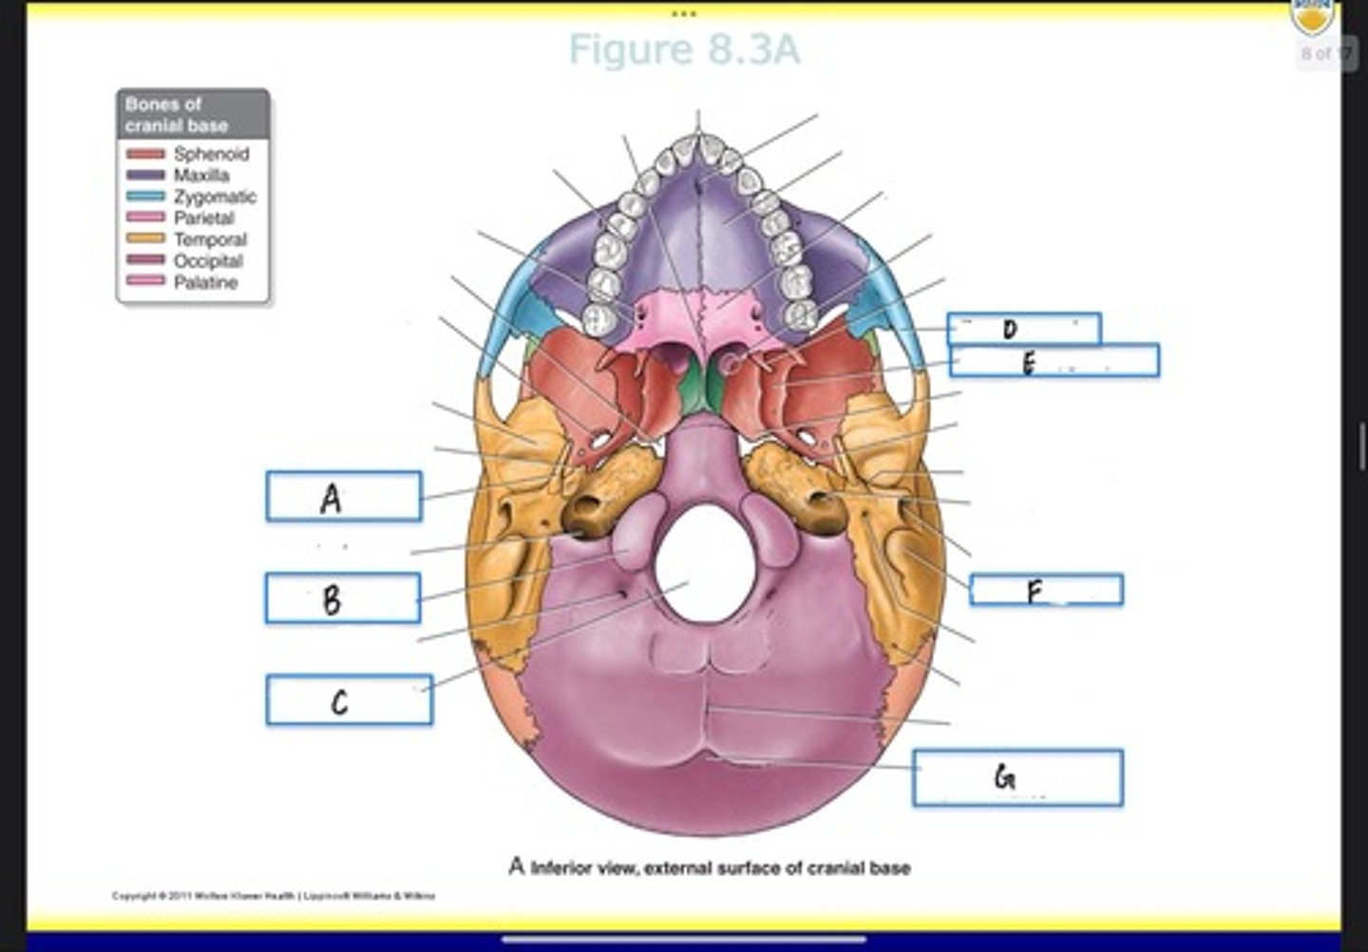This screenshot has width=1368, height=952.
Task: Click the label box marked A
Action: point(344,497)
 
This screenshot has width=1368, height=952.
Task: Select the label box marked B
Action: point(343,599)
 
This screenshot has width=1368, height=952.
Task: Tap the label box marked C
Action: point(349,700)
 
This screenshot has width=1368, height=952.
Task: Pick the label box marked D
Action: point(1024,329)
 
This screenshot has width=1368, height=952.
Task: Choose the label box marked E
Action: point(1054,361)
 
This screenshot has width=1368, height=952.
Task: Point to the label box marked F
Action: point(1046,590)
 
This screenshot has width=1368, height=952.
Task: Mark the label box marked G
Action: point(1017,778)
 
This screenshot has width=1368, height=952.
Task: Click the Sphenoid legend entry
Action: point(210,154)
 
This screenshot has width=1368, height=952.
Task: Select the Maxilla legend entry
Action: point(200,176)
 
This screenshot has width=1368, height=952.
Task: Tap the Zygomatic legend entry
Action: point(214,197)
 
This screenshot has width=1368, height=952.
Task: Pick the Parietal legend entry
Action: point(203,219)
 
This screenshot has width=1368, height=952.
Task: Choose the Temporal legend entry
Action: point(209,239)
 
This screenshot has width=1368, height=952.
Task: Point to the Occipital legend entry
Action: point(207,261)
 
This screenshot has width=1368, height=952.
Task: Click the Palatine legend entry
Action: point(205,283)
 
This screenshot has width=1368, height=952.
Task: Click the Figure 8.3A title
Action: point(684,49)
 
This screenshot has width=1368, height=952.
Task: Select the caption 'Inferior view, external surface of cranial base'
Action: point(710,867)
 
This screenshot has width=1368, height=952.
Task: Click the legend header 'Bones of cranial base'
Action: point(193,115)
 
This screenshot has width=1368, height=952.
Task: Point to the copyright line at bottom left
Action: point(274,896)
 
